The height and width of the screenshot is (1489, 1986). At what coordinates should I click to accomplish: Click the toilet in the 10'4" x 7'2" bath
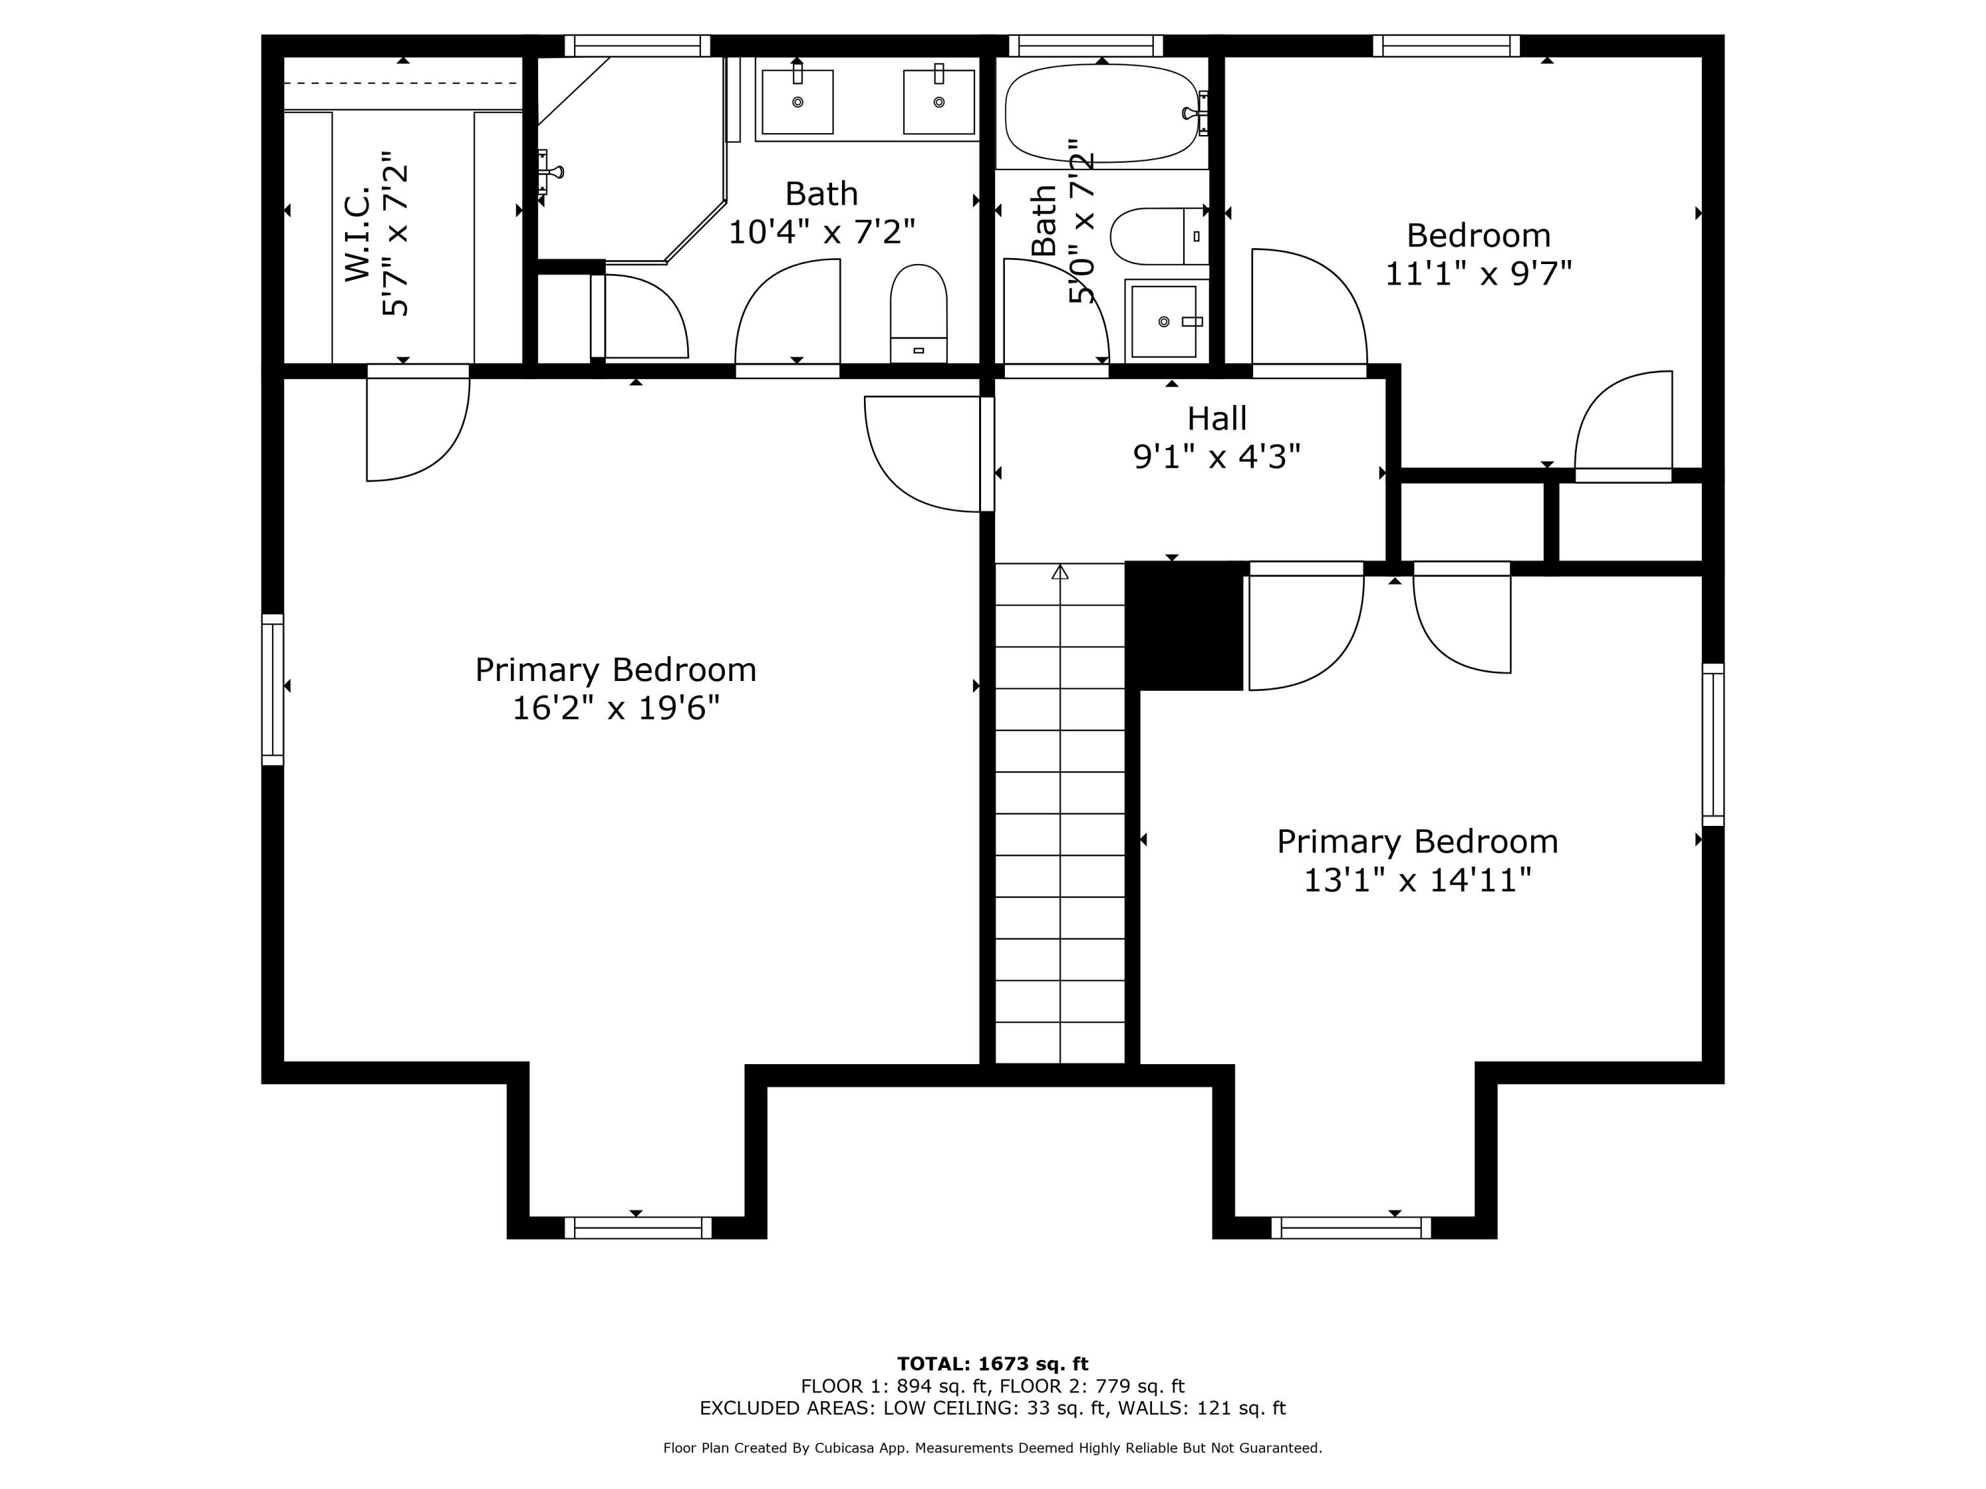[x=918, y=314]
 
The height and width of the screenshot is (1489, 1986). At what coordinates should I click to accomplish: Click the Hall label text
[x=1217, y=418]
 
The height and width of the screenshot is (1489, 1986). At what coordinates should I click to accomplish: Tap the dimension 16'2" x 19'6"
[x=616, y=708]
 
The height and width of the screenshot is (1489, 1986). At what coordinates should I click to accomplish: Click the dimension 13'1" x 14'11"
[x=1417, y=880]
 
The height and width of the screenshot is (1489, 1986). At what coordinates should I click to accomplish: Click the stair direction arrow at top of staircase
[x=1061, y=572]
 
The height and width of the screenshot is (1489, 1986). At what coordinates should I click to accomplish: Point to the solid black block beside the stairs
[x=1184, y=625]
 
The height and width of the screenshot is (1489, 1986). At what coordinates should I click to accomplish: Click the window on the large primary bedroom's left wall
[x=273, y=690]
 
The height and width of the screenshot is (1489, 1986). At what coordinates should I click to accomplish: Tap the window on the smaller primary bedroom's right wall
[x=1713, y=744]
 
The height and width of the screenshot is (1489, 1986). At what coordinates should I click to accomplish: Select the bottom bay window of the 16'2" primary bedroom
[x=638, y=1227]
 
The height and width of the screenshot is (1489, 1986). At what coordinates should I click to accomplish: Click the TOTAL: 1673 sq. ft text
[x=992, y=1364]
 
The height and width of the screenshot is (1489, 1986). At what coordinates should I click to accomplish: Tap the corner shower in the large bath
[x=628, y=157]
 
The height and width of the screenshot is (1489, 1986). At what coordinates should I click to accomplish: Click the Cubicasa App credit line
[x=992, y=1448]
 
